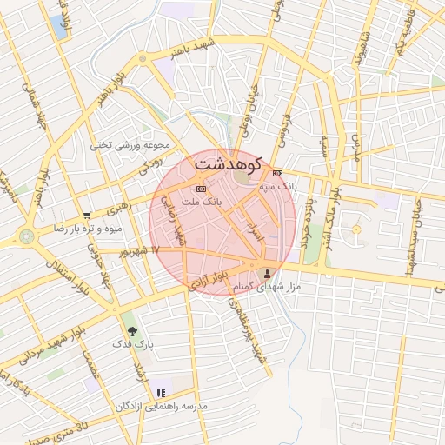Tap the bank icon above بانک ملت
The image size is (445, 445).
202,189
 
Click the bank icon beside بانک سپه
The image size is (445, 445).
277,173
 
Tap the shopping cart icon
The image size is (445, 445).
86,216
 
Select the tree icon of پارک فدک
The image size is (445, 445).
132,330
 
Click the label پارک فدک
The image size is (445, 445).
133,344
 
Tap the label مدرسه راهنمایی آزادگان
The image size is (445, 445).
160,406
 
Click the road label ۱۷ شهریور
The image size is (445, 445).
143,250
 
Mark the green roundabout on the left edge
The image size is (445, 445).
27,236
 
